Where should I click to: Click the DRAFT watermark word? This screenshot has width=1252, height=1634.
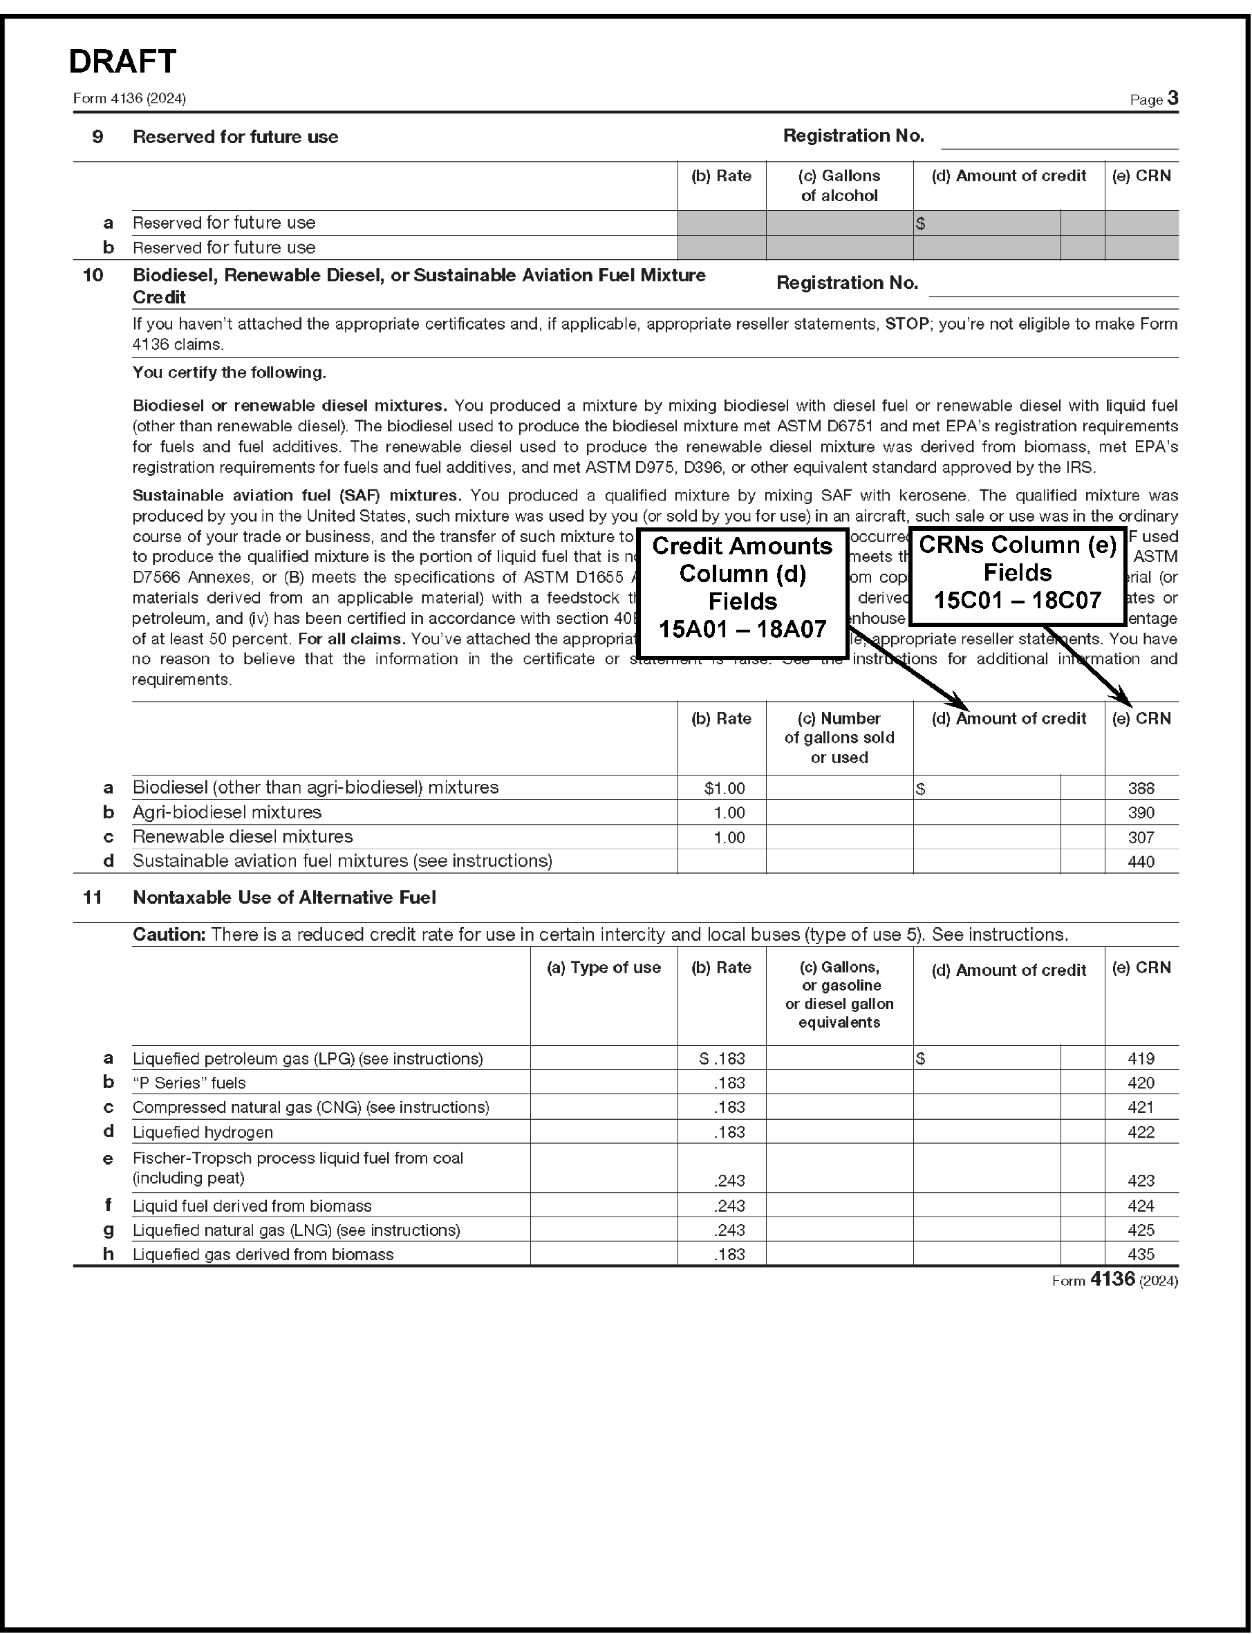tap(122, 61)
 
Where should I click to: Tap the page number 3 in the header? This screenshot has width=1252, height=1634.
tap(1172, 98)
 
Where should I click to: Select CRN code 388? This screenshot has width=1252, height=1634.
tap(1141, 788)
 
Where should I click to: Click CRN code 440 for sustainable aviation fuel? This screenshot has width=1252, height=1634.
tap(1141, 861)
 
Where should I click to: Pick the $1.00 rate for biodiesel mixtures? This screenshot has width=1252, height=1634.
tap(724, 788)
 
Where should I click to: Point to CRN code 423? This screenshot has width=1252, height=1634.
tap(1141, 1181)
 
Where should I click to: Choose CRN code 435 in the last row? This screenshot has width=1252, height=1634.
tap(1141, 1254)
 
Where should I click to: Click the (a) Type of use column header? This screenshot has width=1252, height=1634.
tap(604, 967)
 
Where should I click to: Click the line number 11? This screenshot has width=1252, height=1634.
tap(93, 897)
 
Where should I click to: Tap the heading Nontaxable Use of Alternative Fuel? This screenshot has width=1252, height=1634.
tap(284, 897)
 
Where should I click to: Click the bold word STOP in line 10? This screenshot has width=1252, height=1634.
tap(906, 324)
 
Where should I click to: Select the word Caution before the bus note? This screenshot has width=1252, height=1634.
tap(169, 935)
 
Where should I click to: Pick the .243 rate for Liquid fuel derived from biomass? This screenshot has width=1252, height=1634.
tap(729, 1205)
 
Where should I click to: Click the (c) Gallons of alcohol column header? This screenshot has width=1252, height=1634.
tap(839, 185)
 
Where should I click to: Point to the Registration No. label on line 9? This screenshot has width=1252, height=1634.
tap(853, 135)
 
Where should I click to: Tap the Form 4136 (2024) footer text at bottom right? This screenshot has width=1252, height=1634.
tap(1114, 1279)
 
